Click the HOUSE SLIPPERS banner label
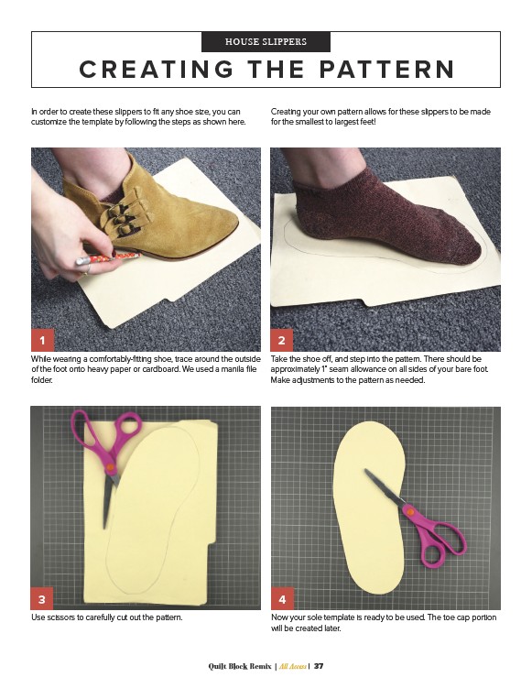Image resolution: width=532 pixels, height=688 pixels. pos(266,42)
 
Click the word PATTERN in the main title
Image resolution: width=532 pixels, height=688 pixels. pos(387,70)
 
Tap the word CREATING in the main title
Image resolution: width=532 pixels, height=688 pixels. pos(157,70)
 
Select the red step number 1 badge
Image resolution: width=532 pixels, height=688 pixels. pos(42,340)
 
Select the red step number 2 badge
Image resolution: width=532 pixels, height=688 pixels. pos(282,340)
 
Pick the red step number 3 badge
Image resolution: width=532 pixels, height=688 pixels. pos(42,599)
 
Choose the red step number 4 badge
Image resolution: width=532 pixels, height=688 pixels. pos(282,599)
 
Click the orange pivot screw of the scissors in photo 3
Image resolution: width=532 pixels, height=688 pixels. pos(110,468)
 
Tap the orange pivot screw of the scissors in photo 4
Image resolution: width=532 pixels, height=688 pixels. pos(410,511)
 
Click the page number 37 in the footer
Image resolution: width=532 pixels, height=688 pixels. pos(319,666)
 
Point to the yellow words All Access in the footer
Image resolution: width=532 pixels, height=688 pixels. pos(292,666)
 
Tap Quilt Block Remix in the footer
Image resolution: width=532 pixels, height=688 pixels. pos(240,666)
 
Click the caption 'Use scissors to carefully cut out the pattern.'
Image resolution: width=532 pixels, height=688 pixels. pos(106,617)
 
